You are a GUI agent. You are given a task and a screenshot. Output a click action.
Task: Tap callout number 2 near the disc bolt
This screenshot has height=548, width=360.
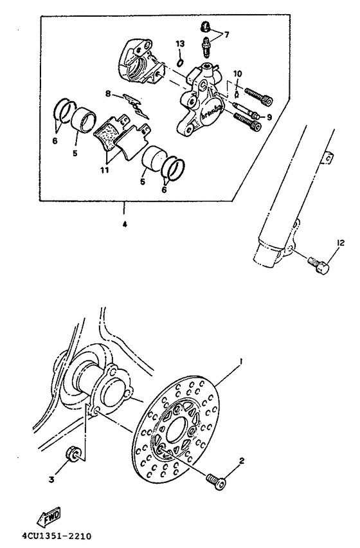[242, 461]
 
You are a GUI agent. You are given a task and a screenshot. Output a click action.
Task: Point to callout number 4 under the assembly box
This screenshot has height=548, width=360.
[123, 225]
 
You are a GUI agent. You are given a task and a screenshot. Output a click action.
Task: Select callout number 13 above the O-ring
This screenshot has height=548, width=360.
[180, 43]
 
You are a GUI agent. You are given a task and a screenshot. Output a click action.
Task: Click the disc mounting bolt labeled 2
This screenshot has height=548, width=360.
[213, 478]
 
